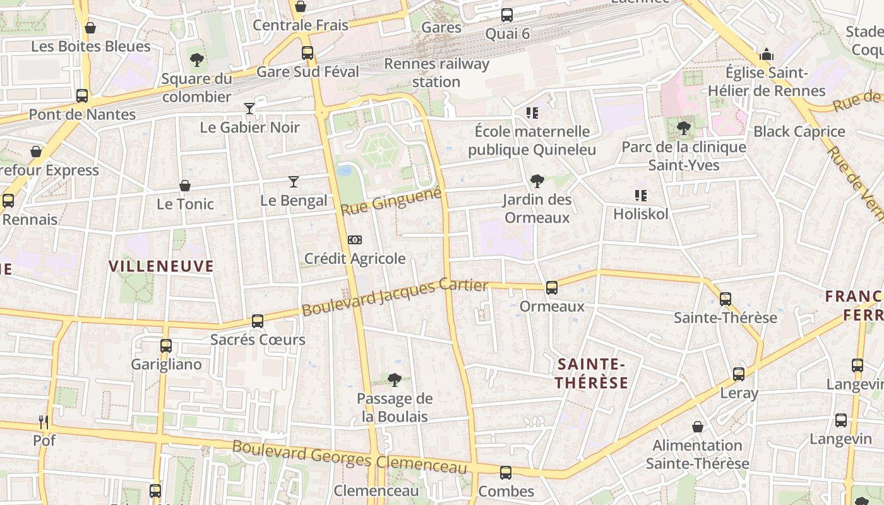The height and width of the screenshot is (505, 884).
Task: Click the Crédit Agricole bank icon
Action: (x=355, y=240)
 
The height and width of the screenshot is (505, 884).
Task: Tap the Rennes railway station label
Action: (x=436, y=73)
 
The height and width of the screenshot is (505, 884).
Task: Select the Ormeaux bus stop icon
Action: (x=552, y=288)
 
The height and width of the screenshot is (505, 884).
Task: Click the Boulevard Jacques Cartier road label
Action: (x=395, y=297)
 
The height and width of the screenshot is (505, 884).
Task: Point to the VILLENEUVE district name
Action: (x=162, y=266)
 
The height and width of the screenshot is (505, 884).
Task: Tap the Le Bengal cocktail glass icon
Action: (x=294, y=182)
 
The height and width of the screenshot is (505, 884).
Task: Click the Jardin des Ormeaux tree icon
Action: (x=537, y=181)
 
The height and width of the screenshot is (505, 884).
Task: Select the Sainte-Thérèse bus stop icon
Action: (x=726, y=299)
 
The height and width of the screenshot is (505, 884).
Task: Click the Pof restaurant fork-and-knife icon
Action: (x=44, y=422)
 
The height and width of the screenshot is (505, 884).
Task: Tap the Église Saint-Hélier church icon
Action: (x=767, y=54)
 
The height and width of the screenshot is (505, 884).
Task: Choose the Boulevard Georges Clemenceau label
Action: (x=350, y=456)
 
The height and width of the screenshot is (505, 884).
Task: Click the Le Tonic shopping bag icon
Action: (x=185, y=186)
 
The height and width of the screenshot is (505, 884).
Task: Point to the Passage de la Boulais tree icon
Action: (x=395, y=379)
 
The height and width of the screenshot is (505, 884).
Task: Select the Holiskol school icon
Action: (x=641, y=196)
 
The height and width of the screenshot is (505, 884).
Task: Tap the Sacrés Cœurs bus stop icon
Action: (x=258, y=321)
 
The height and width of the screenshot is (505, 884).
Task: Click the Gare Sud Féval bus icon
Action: (x=308, y=53)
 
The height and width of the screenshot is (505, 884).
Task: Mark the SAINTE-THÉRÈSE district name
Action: (x=592, y=373)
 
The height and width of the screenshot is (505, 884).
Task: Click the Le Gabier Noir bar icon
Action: (x=249, y=109)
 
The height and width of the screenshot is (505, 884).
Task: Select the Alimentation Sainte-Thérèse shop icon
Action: (x=698, y=427)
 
